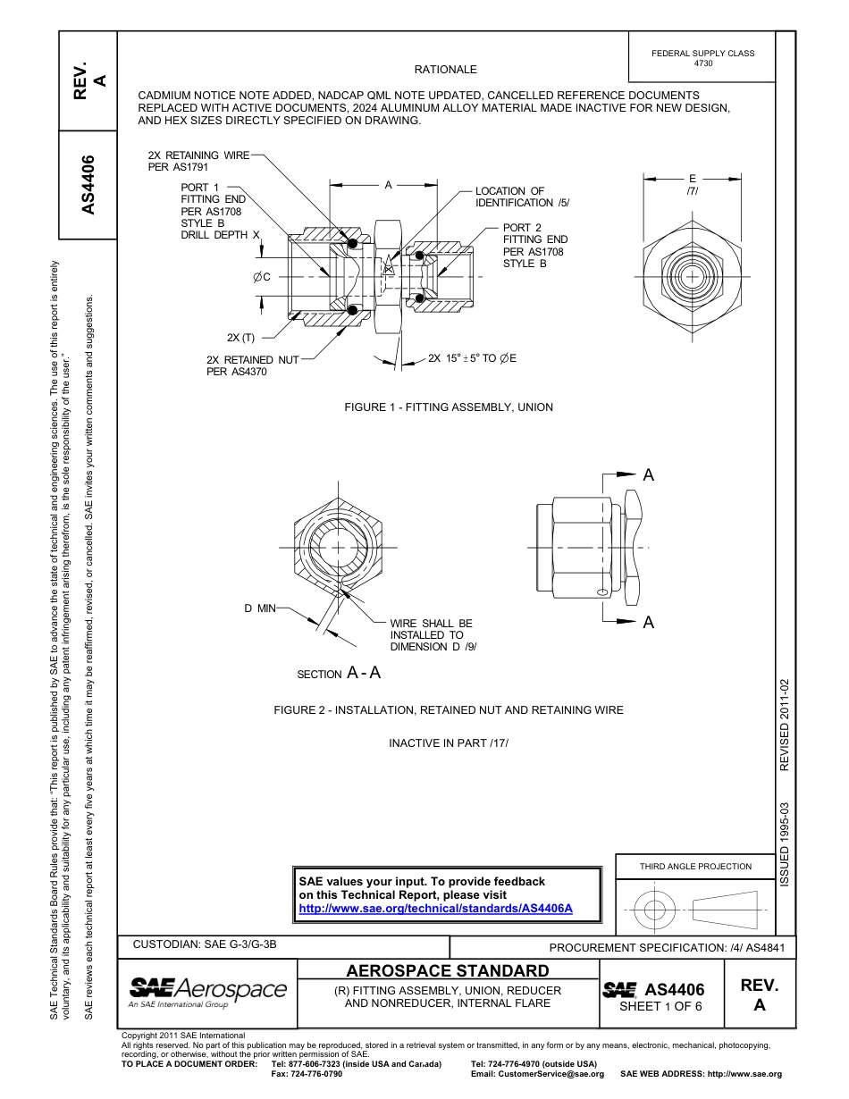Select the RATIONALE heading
pos(446,70)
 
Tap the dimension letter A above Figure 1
pos(389,185)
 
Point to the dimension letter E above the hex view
pos(692,179)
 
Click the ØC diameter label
pos(262,278)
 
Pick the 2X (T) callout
pos(240,338)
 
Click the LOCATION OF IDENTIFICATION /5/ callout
pos(522,197)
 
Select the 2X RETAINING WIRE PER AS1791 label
pos(198,161)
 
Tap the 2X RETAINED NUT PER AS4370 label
pos(239,365)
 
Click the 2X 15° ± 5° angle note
pos(472,358)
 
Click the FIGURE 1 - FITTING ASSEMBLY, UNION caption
pos(449,407)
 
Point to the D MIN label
pos(260,608)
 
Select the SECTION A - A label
pos(339,674)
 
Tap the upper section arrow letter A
pos(649,475)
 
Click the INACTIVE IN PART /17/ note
pos(449,743)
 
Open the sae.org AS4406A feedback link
pos(435,908)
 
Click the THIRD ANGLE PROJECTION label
pos(695,866)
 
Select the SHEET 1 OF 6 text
pos(660,1006)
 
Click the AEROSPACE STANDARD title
pos(448,971)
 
